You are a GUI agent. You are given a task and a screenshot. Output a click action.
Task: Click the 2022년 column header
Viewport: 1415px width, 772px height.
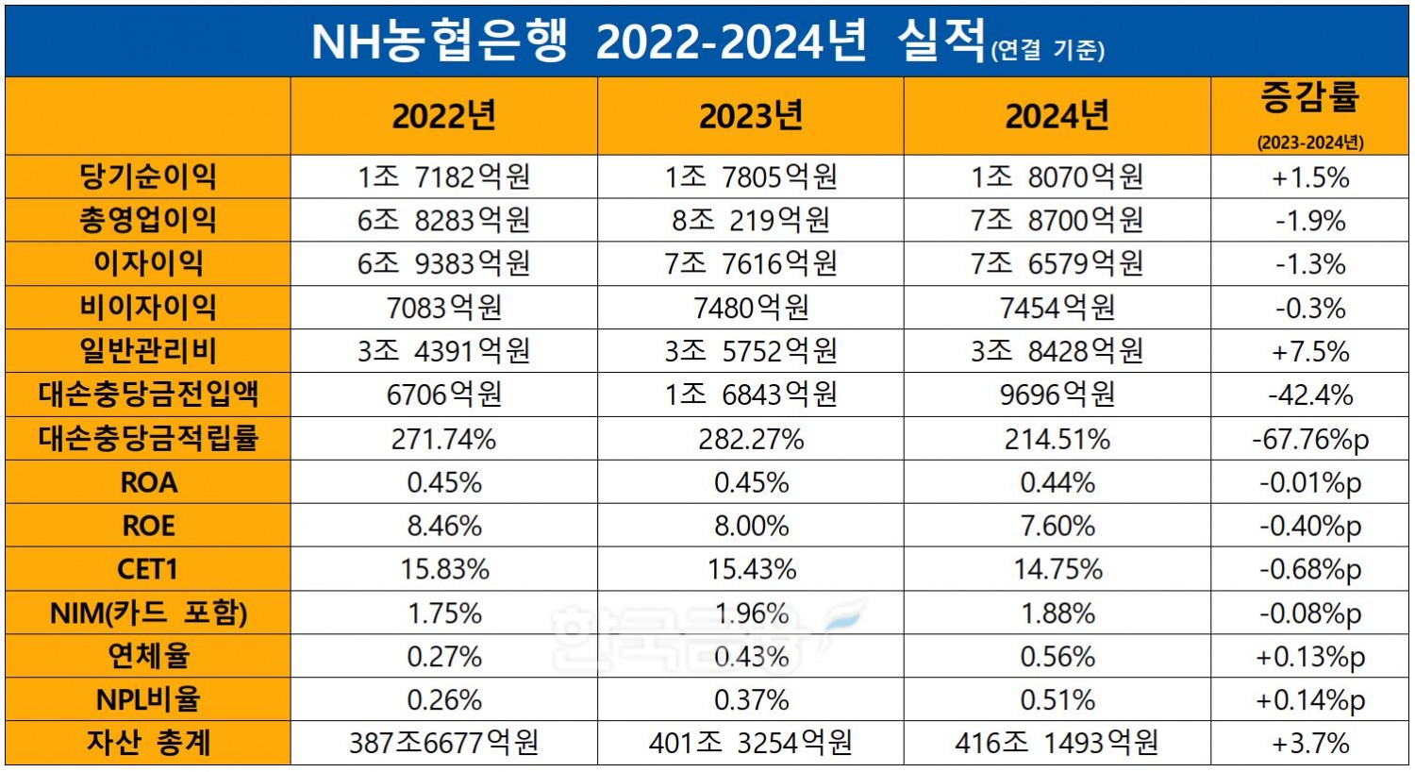pos(443,117)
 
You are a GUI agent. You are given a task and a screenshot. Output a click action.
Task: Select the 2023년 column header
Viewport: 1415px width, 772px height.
pos(750,117)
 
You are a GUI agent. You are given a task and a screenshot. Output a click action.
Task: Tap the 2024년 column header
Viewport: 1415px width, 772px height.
pos(1057,117)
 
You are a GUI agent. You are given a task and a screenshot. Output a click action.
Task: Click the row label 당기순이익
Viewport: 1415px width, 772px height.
pos(148,176)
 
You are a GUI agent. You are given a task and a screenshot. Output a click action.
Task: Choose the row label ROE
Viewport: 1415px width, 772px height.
pos(148,526)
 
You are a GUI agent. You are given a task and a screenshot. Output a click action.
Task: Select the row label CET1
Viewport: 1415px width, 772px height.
pos(148,569)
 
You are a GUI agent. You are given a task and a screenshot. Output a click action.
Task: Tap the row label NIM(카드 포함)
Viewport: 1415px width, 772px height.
pos(148,613)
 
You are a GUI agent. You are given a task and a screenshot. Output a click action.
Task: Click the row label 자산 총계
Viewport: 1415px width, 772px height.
pos(148,744)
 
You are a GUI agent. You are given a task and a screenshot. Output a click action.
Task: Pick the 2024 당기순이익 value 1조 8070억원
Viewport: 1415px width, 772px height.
pos(1057,176)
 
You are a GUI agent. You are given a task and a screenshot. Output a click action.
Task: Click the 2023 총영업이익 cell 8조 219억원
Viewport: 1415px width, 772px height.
pos(750,220)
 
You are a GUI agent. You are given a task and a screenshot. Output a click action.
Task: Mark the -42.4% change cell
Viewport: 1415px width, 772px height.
pos(1310,394)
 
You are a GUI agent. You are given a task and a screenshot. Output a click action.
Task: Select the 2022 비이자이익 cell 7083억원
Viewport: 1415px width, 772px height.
pos(443,308)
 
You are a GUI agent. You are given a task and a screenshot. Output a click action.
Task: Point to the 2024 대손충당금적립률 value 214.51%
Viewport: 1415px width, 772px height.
pos(1057,439)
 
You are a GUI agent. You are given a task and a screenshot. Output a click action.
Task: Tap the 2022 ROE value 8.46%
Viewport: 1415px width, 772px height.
pos(443,526)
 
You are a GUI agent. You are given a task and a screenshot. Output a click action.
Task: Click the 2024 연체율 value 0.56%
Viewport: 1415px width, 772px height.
pos(1057,657)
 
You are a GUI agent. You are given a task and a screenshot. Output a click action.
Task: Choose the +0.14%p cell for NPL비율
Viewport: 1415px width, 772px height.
pos(1310,700)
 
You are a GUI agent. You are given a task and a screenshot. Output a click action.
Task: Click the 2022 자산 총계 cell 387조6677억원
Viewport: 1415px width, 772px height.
pos(443,744)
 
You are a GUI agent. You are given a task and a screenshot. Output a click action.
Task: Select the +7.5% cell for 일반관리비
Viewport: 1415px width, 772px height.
pos(1310,351)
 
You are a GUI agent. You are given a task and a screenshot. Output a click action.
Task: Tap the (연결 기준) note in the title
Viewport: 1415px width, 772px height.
pos(1047,49)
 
